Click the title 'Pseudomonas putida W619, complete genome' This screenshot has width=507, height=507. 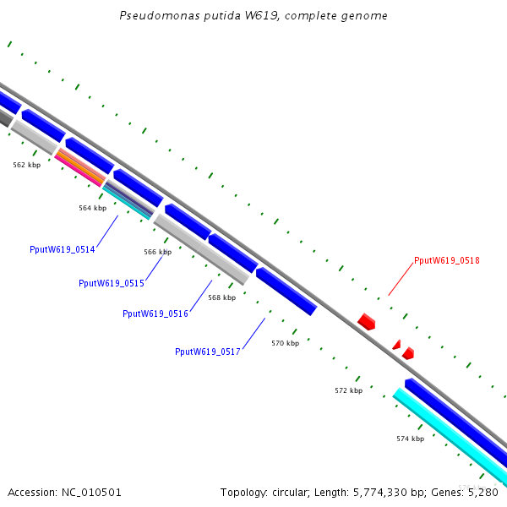point(253,16)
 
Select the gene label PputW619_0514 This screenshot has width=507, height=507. point(62,250)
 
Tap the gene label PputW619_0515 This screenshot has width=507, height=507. point(111,284)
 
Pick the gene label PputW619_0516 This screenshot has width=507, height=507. point(155,313)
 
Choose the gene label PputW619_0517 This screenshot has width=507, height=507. point(208,352)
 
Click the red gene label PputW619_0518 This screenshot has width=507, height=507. point(447,261)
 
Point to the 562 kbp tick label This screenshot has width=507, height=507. point(26,166)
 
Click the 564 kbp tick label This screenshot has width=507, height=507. point(92,208)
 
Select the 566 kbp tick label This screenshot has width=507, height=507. point(157,252)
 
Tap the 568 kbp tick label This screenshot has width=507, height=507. point(221,297)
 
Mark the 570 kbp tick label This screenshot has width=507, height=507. point(285,344)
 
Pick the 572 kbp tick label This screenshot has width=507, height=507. point(348,391)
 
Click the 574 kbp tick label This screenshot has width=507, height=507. point(410,439)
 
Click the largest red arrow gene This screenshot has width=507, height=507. point(367,321)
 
